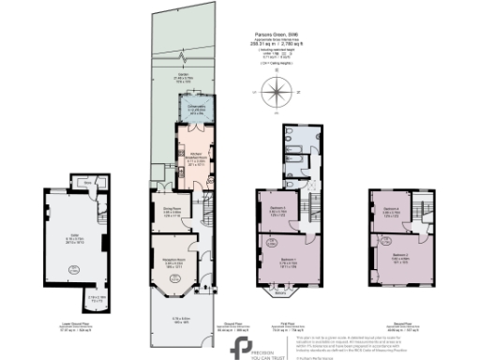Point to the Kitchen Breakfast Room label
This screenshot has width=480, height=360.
pyautogui.click(x=196, y=157)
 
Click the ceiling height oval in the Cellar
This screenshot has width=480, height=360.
pyautogui.click(x=71, y=269)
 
